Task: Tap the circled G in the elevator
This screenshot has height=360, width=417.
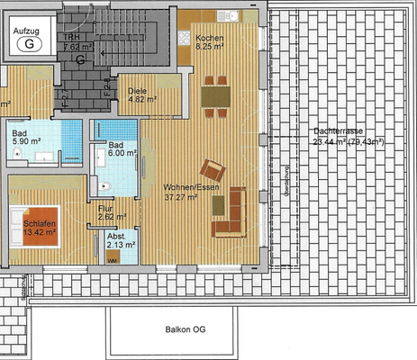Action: (32, 41)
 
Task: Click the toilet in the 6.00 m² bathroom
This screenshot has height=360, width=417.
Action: (104, 186)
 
